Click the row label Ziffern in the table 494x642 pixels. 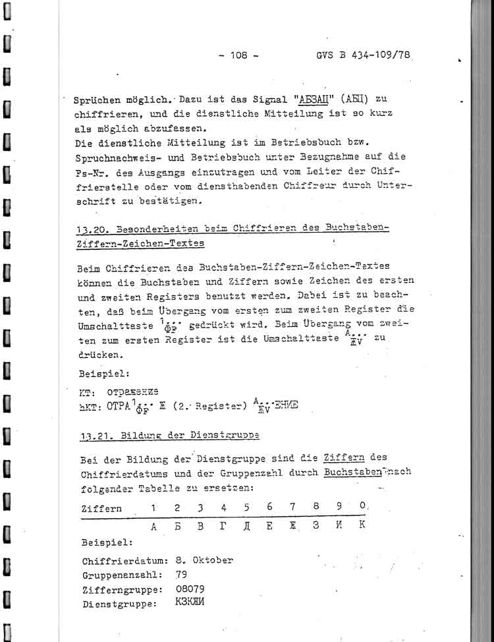coord(101,509)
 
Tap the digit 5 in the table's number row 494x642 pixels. coord(246,508)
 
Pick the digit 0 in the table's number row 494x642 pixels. coord(362,508)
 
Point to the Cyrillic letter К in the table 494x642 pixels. coord(362,526)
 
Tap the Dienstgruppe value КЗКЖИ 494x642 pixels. coord(190,602)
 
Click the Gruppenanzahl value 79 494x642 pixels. coord(180,575)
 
